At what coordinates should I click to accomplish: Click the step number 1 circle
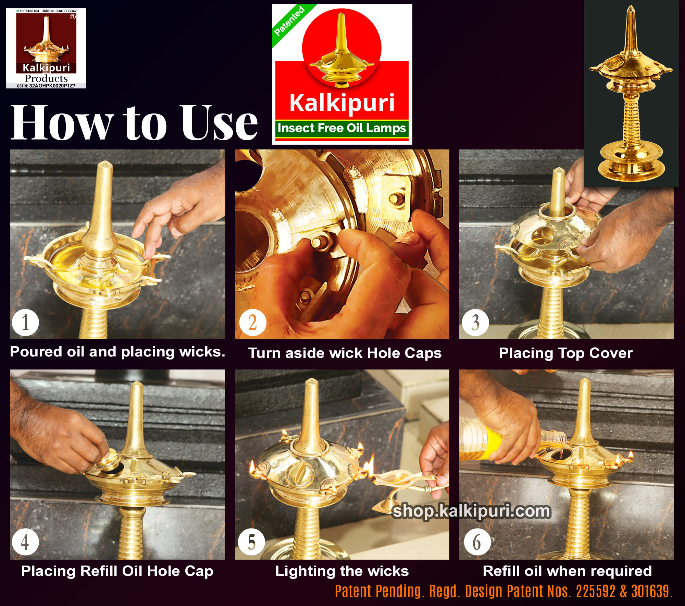click(25, 323)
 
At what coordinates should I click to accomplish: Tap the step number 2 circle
click(253, 323)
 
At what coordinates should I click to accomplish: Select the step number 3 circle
click(475, 323)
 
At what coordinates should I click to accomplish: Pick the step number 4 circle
click(25, 542)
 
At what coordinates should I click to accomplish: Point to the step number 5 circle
click(252, 542)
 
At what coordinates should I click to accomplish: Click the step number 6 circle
click(477, 542)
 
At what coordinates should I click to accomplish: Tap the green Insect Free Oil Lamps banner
click(342, 129)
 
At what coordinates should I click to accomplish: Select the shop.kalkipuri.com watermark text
click(471, 511)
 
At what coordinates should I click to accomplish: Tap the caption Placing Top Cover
click(566, 353)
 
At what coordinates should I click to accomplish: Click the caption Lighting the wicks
click(342, 571)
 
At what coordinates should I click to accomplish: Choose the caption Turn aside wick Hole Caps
click(345, 353)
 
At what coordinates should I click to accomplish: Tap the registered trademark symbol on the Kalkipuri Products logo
click(73, 16)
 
